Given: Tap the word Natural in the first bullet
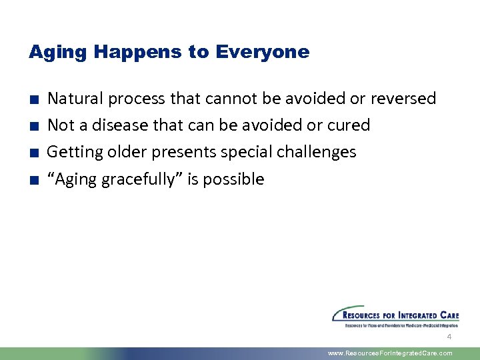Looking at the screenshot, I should [x=75, y=99].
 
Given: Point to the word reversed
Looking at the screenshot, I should [x=403, y=99].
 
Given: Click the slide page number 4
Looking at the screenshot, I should [x=449, y=337].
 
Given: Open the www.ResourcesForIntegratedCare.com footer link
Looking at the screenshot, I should [x=390, y=353].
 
